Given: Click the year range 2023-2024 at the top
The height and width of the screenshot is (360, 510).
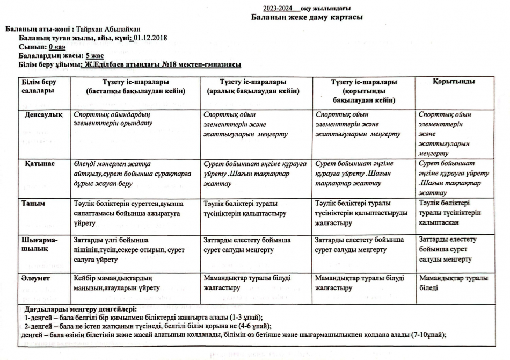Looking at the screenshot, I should (x=278, y=8).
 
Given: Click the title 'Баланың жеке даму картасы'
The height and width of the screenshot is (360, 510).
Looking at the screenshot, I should (x=307, y=17).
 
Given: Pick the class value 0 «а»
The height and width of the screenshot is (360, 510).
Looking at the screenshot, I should (x=57, y=47).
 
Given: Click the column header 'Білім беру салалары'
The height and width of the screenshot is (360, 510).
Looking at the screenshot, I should (x=38, y=87).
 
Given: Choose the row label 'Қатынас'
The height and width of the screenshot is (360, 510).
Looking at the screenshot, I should (x=39, y=163).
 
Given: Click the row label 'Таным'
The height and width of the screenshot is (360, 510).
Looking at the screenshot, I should (x=33, y=203).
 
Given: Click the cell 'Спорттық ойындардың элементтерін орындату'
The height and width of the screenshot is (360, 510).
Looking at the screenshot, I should (x=114, y=119).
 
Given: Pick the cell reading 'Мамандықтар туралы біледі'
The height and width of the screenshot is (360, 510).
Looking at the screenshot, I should (x=454, y=283).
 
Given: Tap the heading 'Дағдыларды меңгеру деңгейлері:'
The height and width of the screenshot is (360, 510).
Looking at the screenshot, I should (x=81, y=309).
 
